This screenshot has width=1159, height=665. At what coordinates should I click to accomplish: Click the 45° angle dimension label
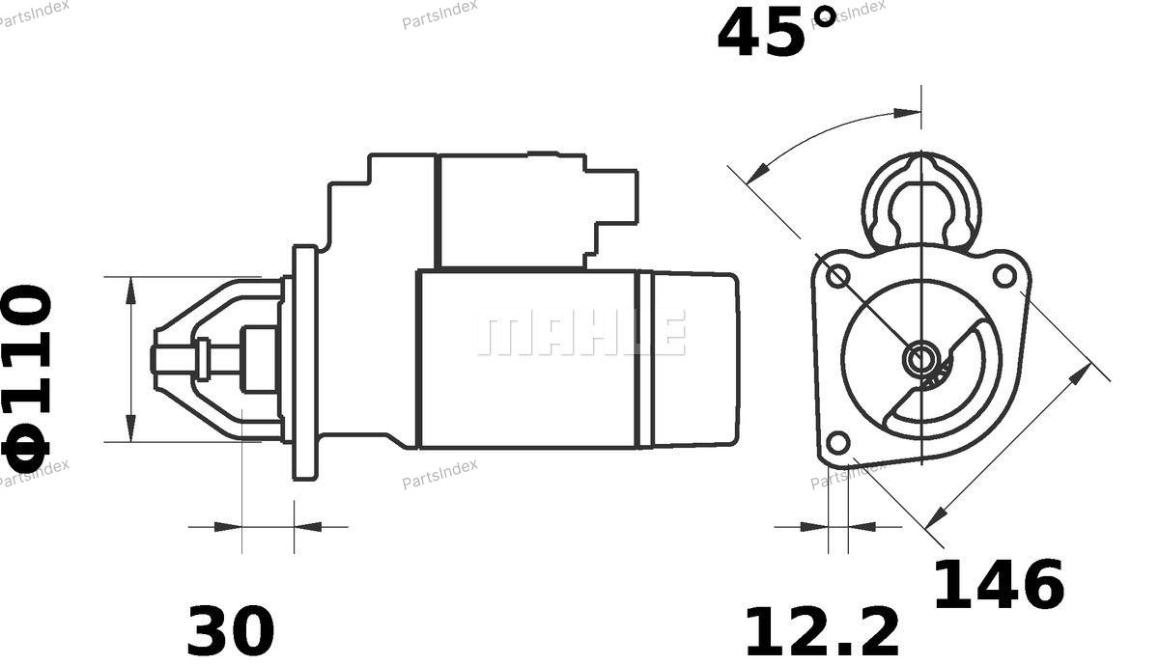[x=777, y=32]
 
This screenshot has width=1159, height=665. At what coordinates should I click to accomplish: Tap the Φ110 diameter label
[x=27, y=379]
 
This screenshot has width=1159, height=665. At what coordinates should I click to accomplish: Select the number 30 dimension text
[x=231, y=631]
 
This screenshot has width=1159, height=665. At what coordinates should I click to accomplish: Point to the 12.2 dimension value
[x=822, y=631]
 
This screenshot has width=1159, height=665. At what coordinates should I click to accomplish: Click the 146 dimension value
[x=999, y=584]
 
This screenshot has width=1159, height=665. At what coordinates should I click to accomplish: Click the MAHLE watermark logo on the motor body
[x=581, y=332]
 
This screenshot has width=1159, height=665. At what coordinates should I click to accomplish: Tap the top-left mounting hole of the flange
[x=837, y=276]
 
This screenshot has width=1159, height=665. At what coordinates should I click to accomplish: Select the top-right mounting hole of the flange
[x=1004, y=276]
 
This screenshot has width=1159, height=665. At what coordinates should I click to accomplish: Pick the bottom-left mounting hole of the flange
[x=838, y=443]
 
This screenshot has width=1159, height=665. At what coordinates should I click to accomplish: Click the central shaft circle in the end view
[x=921, y=358]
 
